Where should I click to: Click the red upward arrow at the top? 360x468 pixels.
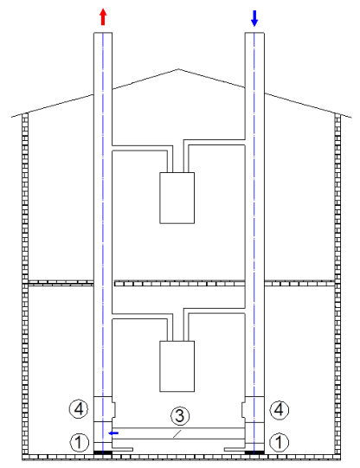point(103,17)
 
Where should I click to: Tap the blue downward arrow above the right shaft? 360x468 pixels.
point(254,18)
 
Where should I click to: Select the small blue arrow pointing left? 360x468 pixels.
point(113,433)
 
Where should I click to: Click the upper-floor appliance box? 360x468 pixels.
point(177,198)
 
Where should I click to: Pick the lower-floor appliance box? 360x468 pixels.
point(177,366)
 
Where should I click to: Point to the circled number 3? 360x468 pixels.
point(180,416)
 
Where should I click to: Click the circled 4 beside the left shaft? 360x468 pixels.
point(79,409)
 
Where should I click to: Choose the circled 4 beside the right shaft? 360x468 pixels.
point(280,409)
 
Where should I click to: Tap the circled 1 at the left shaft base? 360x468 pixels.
point(79,442)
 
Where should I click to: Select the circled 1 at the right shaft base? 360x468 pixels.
point(280,442)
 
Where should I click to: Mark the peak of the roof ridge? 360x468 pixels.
point(178,69)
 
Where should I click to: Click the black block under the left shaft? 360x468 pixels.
point(103,452)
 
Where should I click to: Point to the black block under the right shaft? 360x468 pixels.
point(254,452)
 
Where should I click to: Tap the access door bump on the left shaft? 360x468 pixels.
point(113,409)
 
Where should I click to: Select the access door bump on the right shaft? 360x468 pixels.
point(243,409)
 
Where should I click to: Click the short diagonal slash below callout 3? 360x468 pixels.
point(177,434)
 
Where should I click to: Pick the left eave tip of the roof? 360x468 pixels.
point(12,117)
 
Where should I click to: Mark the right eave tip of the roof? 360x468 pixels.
point(351,118)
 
